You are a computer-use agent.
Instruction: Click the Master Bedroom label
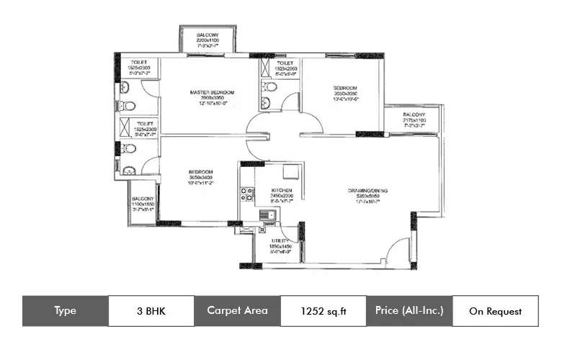pos(213,93)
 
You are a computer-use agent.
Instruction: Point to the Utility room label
pos(281,240)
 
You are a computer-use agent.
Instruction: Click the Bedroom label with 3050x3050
pos(345,89)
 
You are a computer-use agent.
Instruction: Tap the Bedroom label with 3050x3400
pos(200,172)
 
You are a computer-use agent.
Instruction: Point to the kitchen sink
pos(267,214)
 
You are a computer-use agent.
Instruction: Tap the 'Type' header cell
pos(65,310)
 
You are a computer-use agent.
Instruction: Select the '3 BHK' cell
pos(151,310)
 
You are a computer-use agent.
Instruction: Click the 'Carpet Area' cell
pos(237,310)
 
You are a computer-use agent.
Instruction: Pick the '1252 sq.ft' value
pos(323,310)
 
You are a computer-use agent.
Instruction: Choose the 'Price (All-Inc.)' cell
pos(409,310)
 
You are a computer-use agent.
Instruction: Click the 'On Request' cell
pos(495,310)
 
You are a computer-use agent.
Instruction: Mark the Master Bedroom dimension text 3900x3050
pos(213,99)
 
